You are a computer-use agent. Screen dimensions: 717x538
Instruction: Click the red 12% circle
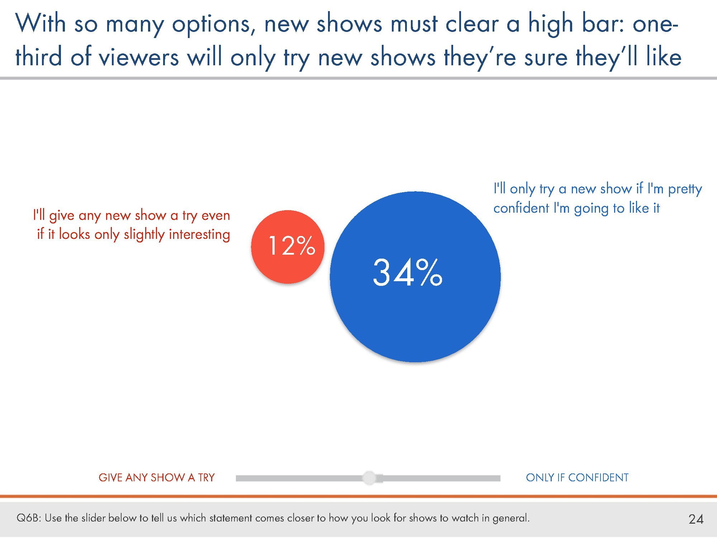click(288, 247)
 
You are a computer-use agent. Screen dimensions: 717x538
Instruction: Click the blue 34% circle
click(415, 277)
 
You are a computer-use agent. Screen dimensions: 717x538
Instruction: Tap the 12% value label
click(292, 246)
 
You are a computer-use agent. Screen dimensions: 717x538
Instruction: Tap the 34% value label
click(408, 273)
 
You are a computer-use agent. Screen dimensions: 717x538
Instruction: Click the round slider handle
click(369, 478)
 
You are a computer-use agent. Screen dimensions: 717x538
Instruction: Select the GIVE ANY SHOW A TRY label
click(157, 477)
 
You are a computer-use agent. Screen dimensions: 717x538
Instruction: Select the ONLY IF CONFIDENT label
click(577, 477)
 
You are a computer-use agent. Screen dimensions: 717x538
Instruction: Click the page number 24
click(696, 519)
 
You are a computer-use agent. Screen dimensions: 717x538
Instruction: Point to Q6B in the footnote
click(29, 518)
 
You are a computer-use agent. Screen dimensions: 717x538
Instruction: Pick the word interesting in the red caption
click(199, 235)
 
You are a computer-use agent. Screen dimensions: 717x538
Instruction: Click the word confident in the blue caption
click(521, 208)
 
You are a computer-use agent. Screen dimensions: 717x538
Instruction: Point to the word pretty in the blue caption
click(685, 189)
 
